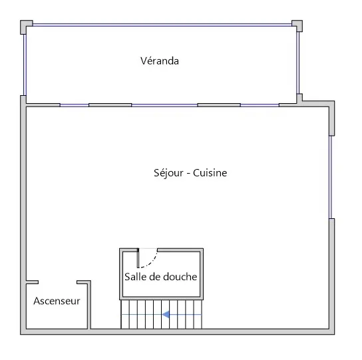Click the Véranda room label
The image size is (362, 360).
[x=160, y=61]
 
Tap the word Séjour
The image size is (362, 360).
[x=168, y=173]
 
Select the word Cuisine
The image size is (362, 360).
[x=210, y=173]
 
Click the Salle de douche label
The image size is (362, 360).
[x=160, y=277]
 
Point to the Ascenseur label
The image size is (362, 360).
[x=57, y=301]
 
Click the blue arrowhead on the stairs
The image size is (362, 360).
[x=166, y=314]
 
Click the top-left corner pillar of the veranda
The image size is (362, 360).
[x=27, y=27]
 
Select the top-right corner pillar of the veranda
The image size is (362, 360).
[x=297, y=26]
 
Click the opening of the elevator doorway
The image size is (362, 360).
[x=57, y=282]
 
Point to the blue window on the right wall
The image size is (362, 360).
[x=331, y=177]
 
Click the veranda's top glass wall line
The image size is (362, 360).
[x=162, y=25]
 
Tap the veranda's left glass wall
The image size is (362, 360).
[x=25, y=65]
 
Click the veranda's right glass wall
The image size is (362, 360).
[x=298, y=63]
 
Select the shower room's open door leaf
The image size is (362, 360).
[x=138, y=258]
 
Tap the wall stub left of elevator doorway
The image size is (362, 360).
[x=33, y=282]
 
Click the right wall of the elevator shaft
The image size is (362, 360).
[x=89, y=305]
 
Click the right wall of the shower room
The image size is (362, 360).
[x=202, y=274]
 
